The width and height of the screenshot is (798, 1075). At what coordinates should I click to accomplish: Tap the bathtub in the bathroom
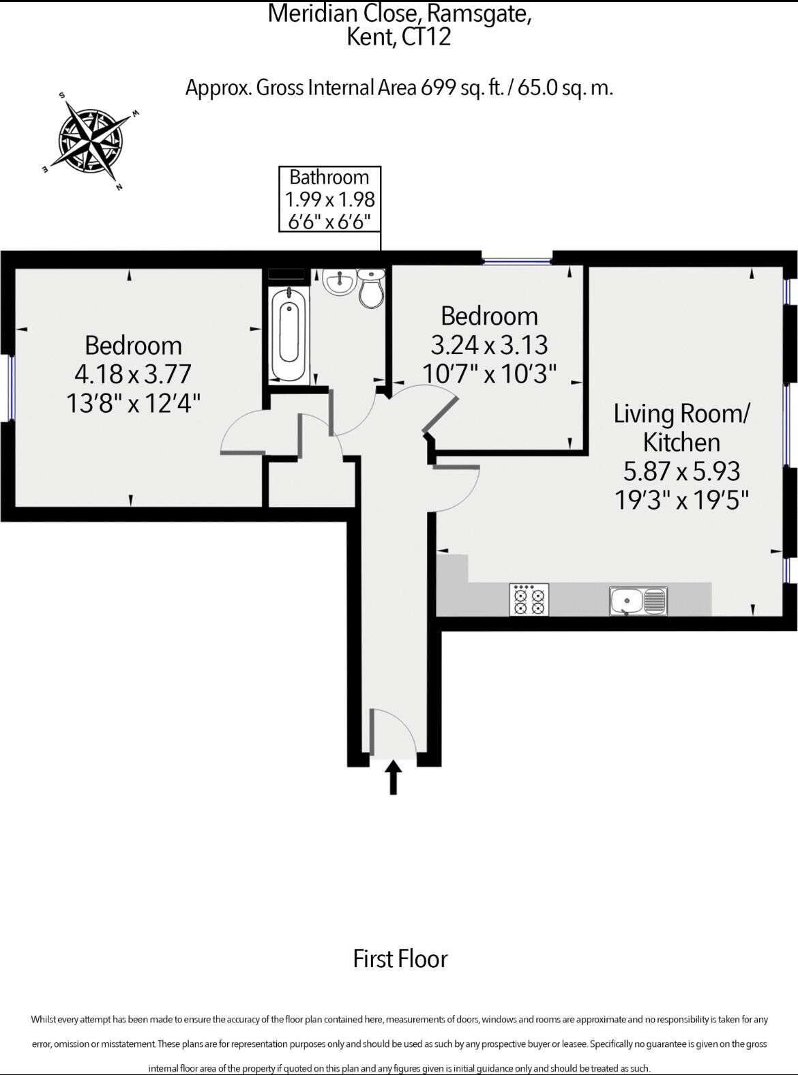(289, 334)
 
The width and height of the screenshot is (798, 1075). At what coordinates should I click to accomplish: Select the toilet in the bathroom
(372, 289)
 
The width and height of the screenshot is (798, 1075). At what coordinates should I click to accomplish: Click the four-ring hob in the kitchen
(529, 600)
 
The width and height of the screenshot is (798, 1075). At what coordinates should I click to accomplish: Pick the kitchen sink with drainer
(638, 601)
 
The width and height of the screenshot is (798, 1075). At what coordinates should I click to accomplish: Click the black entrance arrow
(394, 777)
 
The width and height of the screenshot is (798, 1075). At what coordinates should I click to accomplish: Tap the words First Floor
(400, 958)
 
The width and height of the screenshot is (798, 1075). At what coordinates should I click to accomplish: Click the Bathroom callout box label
(329, 177)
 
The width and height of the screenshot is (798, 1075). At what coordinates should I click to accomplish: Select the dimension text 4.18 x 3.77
(133, 374)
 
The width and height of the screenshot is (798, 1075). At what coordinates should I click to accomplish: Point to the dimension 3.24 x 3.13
(490, 345)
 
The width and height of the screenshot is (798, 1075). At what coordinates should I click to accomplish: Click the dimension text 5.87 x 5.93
(681, 471)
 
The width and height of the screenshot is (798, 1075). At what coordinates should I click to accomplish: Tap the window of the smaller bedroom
(517, 260)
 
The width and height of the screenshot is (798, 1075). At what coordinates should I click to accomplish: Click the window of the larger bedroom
(11, 387)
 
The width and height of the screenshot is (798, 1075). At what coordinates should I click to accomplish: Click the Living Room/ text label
(681, 413)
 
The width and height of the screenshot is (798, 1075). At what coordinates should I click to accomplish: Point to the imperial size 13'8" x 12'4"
(133, 403)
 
